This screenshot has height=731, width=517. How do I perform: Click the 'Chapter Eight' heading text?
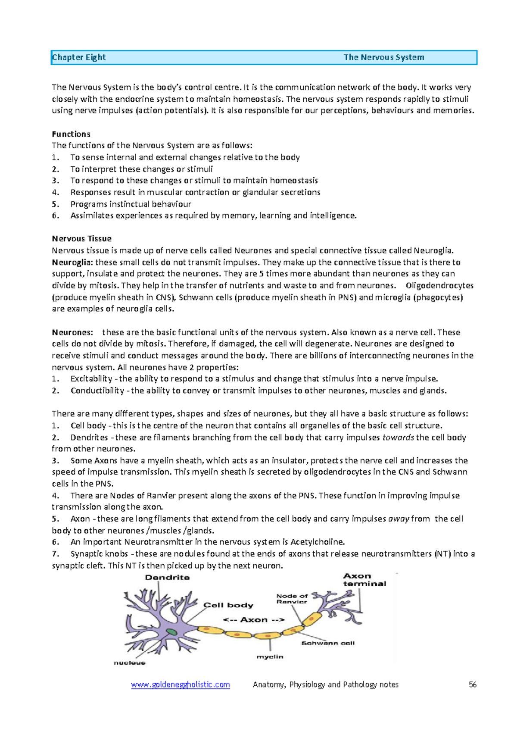(78, 57)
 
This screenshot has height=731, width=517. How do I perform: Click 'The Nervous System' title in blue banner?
(383, 57)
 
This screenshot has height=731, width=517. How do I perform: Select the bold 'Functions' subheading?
(71, 134)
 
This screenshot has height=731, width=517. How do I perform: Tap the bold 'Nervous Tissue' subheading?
(81, 239)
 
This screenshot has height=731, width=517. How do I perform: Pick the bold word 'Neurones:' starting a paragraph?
(72, 332)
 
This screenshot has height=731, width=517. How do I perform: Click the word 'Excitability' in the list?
(91, 379)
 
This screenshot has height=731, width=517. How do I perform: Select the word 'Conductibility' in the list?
(97, 390)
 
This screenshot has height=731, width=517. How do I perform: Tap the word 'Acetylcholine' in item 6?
(317, 542)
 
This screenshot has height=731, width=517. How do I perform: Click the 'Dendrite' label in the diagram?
(167, 578)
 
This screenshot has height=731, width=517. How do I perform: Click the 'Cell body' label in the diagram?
(228, 605)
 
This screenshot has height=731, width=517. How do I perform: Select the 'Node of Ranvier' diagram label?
(292, 599)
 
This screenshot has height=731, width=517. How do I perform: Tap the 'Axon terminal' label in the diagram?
(364, 580)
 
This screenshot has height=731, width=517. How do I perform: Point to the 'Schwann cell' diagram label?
(328, 643)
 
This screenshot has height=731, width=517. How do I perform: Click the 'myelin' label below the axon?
(270, 657)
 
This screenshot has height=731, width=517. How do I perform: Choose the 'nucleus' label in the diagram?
(129, 663)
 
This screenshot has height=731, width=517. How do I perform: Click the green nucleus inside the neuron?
(172, 632)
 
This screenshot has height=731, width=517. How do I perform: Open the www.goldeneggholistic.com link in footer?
(180, 684)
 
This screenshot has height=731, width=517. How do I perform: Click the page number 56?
(472, 684)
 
